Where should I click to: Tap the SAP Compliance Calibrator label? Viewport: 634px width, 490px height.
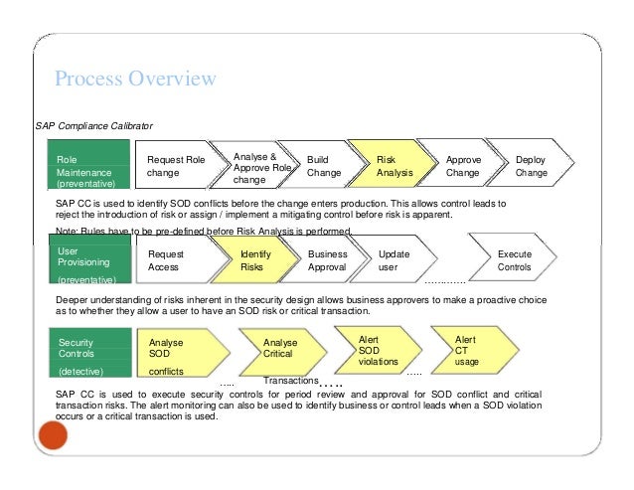[x=94, y=127]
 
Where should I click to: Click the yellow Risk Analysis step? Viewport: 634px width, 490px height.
[x=396, y=166]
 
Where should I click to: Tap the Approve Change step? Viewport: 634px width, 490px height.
[x=464, y=166]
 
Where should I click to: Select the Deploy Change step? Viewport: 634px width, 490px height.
[x=533, y=166]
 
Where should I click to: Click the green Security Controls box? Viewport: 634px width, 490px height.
[x=89, y=356]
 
